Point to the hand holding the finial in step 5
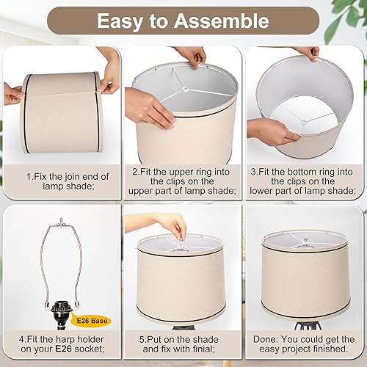click(172, 222)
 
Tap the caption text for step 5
click(183, 344)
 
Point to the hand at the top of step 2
click(192, 56)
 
